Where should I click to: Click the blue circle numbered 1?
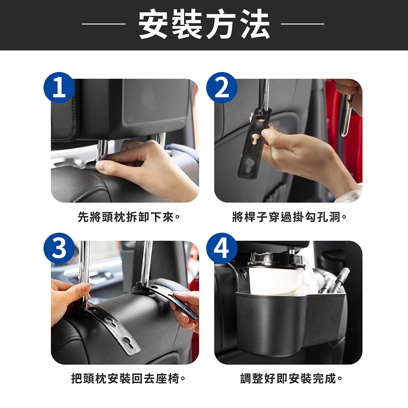(59, 87)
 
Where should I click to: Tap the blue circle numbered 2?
(222, 87)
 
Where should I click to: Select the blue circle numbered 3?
(59, 248)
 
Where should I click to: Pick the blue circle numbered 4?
(222, 248)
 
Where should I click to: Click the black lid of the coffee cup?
(276, 261)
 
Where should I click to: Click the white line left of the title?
(104, 24)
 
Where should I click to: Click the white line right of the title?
(303, 24)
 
